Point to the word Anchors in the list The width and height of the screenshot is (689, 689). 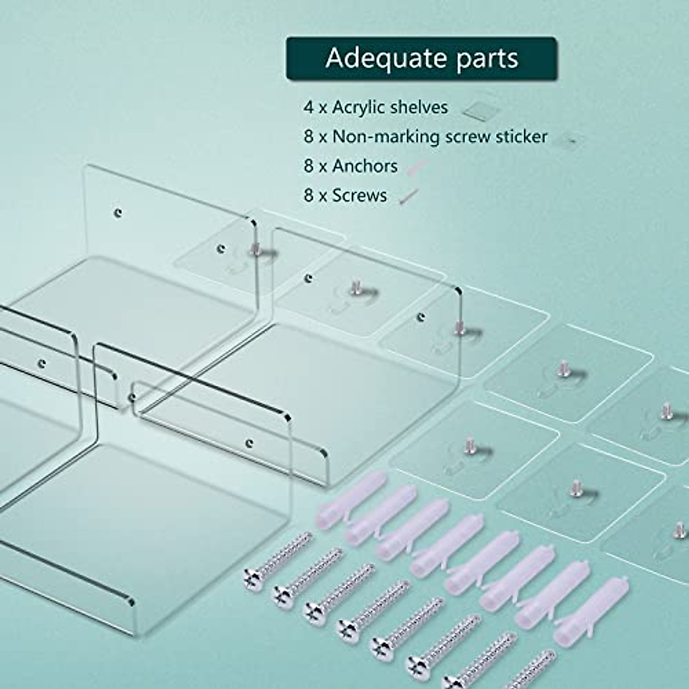coord(365,167)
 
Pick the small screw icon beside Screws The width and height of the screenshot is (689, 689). coord(409,197)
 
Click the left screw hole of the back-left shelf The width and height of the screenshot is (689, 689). coord(118,212)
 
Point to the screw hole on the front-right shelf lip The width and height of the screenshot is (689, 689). coord(249,443)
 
